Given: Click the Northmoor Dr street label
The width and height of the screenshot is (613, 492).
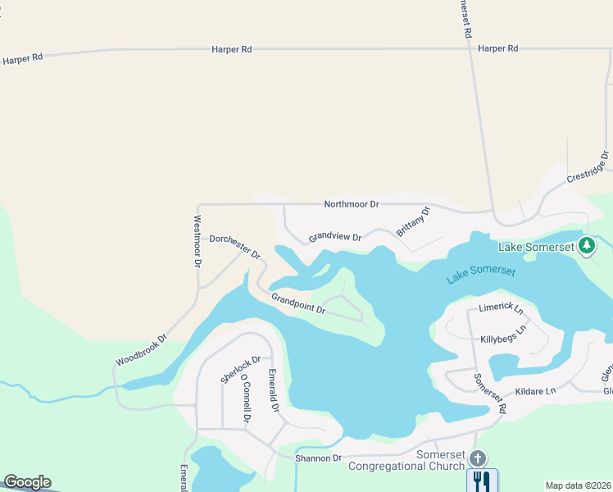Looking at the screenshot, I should [351, 203].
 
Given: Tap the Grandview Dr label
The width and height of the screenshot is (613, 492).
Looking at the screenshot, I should [335, 237].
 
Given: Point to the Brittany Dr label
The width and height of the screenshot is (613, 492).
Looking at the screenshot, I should [413, 221].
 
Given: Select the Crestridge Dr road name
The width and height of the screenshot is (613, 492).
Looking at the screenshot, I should [588, 166].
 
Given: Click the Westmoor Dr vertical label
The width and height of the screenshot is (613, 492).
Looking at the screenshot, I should [197, 242].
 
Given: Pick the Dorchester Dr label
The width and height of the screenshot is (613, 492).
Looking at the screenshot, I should [234, 244].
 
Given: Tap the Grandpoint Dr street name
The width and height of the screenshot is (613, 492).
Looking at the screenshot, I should [298, 303].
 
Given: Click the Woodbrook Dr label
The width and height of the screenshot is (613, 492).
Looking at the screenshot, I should [141, 349].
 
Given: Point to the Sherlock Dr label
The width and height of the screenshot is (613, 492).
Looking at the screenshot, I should [240, 369].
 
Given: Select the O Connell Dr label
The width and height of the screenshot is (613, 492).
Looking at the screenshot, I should [244, 401].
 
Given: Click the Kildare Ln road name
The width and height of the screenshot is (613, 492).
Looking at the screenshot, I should [535, 391].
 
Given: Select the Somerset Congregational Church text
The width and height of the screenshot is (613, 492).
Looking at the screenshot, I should [406, 461].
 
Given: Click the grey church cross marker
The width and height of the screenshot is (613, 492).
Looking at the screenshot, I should [478, 458].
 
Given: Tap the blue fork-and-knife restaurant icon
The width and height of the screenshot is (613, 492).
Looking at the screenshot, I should [482, 480].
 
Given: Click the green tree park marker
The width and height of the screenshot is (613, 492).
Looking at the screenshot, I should [587, 245].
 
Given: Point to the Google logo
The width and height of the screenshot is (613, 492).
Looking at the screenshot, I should [27, 482].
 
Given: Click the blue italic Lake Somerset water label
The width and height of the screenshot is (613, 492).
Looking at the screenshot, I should [481, 274].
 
